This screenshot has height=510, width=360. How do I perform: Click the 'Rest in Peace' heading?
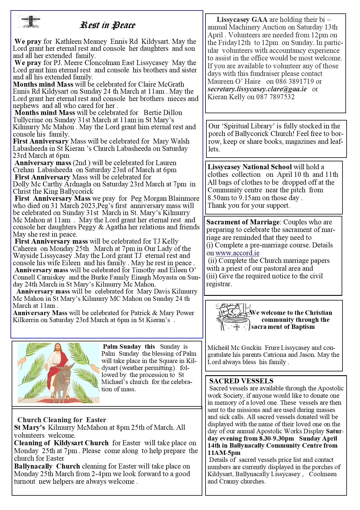click(x=108, y=25)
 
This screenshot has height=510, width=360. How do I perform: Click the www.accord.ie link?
click(x=237, y=253)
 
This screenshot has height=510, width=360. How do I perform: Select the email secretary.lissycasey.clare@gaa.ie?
click(x=257, y=89)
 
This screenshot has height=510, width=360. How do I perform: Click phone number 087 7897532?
click(x=275, y=97)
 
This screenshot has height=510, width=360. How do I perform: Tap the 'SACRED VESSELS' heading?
click(x=241, y=381)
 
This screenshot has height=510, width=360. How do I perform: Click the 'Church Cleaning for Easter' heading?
click(x=62, y=420)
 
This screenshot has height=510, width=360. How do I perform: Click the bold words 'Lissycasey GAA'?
click(x=242, y=20)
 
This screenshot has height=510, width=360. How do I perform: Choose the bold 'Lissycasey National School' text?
click(x=250, y=167)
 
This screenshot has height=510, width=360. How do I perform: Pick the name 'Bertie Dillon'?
click(x=163, y=113)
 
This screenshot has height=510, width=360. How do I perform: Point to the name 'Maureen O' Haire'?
click(x=234, y=81)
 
